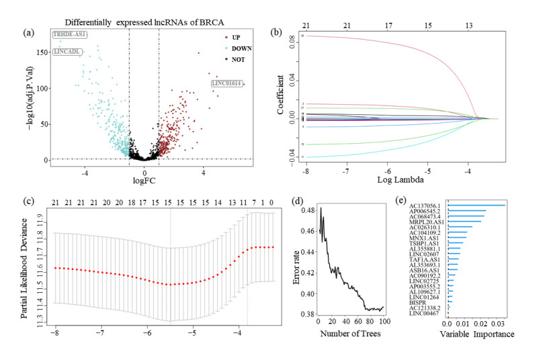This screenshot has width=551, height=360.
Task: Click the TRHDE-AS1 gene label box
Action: click(x=70, y=34)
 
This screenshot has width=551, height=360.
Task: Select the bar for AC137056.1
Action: click(x=476, y=206)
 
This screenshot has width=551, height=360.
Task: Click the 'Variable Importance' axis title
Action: click(x=480, y=334)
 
